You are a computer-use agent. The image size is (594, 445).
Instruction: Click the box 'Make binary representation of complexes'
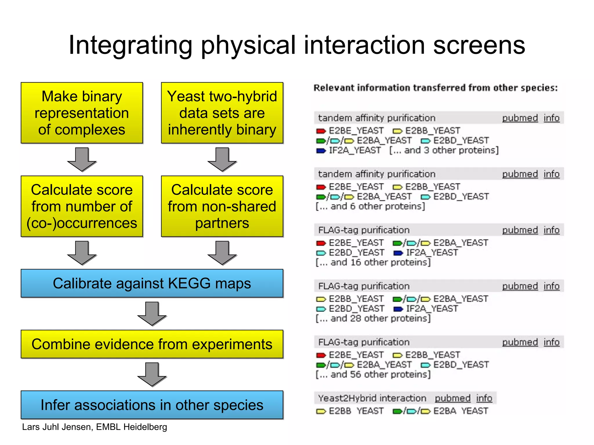pyautogui.click(x=82, y=113)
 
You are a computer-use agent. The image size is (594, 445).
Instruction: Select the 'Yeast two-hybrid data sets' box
pyautogui.click(x=222, y=113)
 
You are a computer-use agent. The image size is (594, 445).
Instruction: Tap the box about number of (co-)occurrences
pyautogui.click(x=82, y=206)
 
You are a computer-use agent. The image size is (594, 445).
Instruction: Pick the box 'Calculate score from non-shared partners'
pyautogui.click(x=222, y=206)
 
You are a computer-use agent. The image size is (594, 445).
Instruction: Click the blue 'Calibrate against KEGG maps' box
pyautogui.click(x=152, y=283)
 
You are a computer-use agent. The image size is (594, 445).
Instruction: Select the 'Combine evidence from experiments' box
pyautogui.click(x=152, y=344)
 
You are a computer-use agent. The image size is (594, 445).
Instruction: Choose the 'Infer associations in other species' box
pyautogui.click(x=152, y=405)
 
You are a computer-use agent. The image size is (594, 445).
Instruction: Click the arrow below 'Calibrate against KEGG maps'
pyautogui.click(x=152, y=314)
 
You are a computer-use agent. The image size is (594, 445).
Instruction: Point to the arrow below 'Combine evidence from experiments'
pyautogui.click(x=152, y=374)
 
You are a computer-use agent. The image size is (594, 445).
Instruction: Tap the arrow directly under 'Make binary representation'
pyautogui.click(x=82, y=159)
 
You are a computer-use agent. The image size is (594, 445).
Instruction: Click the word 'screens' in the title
pyautogui.click(x=479, y=45)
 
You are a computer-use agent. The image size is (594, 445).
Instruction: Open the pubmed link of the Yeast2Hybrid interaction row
pyautogui.click(x=452, y=398)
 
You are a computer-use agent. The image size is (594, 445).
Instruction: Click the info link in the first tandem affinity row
pyautogui.click(x=551, y=118)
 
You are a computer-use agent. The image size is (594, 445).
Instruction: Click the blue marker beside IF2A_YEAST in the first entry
pyautogui.click(x=321, y=151)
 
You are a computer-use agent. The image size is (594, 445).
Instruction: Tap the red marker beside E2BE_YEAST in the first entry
pyautogui.click(x=321, y=131)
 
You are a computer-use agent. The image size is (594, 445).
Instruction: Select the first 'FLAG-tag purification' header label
pyautogui.click(x=364, y=230)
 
